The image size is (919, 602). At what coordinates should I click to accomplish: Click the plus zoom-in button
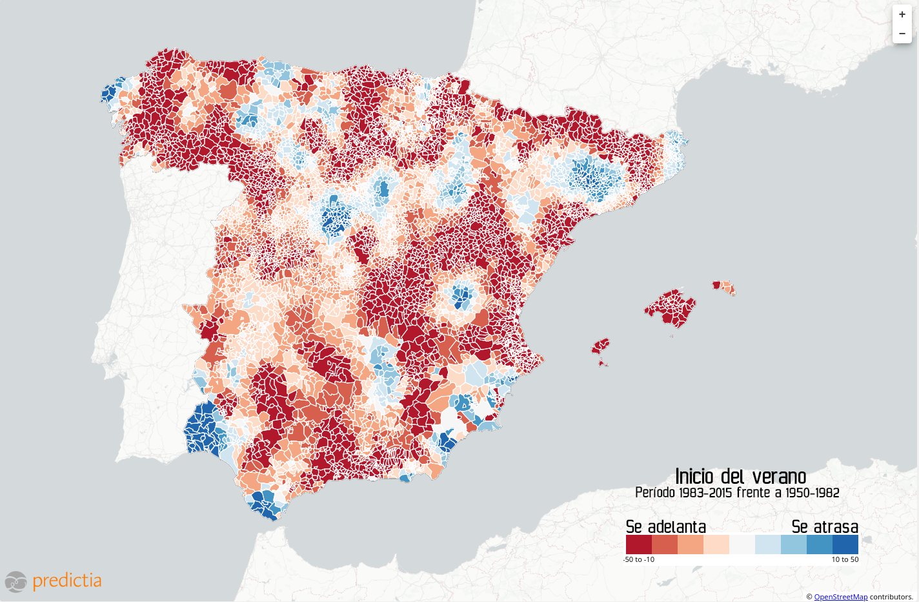[902, 14]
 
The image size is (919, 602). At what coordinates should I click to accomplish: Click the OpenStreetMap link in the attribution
[840, 597]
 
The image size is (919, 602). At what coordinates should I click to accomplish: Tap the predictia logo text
[66, 580]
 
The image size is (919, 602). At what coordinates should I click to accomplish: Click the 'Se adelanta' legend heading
[665, 526]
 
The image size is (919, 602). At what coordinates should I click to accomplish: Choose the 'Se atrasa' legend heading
[825, 526]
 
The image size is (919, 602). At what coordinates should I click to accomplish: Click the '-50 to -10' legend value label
[639, 559]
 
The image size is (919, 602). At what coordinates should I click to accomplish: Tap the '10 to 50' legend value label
[845, 559]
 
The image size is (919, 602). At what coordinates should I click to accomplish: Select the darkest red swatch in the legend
[638, 545]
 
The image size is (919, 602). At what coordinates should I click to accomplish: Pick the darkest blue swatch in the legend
[845, 545]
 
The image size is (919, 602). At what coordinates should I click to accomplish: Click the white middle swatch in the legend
[742, 545]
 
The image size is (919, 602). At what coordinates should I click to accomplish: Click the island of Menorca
[723, 286]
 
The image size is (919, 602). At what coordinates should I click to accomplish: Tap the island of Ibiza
[600, 346]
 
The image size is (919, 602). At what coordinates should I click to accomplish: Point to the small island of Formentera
[603, 364]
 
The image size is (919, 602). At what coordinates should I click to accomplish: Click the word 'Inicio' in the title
[694, 477]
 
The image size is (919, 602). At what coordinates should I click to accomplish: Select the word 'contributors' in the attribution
[891, 597]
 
